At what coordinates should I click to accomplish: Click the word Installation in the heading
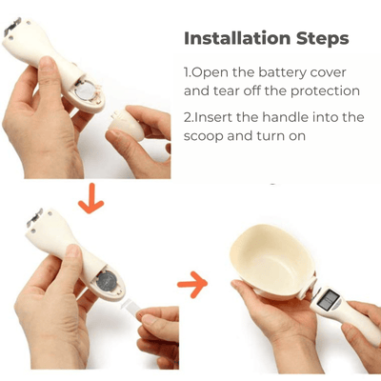(x=237, y=38)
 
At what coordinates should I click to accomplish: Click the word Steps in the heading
(x=323, y=39)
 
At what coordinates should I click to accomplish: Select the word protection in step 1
(x=325, y=91)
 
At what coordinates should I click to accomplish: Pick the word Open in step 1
(x=210, y=73)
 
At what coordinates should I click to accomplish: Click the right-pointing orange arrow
(x=192, y=284)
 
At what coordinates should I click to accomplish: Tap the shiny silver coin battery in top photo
(x=86, y=90)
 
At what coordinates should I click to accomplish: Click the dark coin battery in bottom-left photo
(x=107, y=280)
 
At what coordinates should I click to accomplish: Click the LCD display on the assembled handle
(x=329, y=300)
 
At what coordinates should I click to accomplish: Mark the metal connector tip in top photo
(x=12, y=27)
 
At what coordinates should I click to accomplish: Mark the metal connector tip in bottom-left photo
(x=35, y=218)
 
